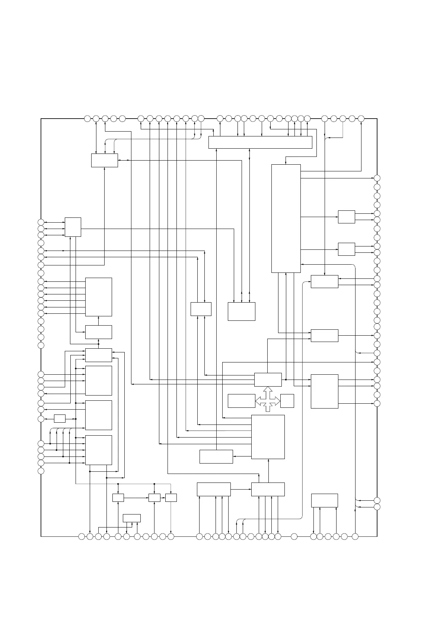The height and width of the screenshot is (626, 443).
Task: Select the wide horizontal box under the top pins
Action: (260, 142)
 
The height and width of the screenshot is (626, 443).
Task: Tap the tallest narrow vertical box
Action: (286, 218)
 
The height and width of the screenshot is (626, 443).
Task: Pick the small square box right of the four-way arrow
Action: (287, 401)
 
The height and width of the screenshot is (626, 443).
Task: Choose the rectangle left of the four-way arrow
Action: (241, 401)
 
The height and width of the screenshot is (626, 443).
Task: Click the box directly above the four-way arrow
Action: (268, 380)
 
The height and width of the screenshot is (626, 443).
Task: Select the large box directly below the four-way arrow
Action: (268, 437)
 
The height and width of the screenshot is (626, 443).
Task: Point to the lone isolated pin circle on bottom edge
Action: (294, 536)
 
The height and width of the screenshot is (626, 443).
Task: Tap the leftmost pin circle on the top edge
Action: (87, 119)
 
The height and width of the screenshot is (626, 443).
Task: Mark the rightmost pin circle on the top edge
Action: (361, 119)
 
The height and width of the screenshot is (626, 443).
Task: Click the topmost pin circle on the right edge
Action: (377, 178)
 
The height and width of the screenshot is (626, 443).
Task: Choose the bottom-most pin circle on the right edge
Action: (377, 507)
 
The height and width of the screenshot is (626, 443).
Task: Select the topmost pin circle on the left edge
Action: (41, 222)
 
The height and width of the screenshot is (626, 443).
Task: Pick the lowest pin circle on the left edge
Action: (41, 471)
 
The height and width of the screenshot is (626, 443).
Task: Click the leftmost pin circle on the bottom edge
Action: (82, 536)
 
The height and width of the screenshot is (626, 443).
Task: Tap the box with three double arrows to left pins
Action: (73, 227)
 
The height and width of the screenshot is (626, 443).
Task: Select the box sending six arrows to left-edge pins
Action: (99, 297)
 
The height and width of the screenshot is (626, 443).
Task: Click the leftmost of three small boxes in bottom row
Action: (118, 497)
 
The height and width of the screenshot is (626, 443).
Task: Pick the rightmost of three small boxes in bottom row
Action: (171, 497)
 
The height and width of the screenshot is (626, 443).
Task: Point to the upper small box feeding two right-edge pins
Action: (346, 217)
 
